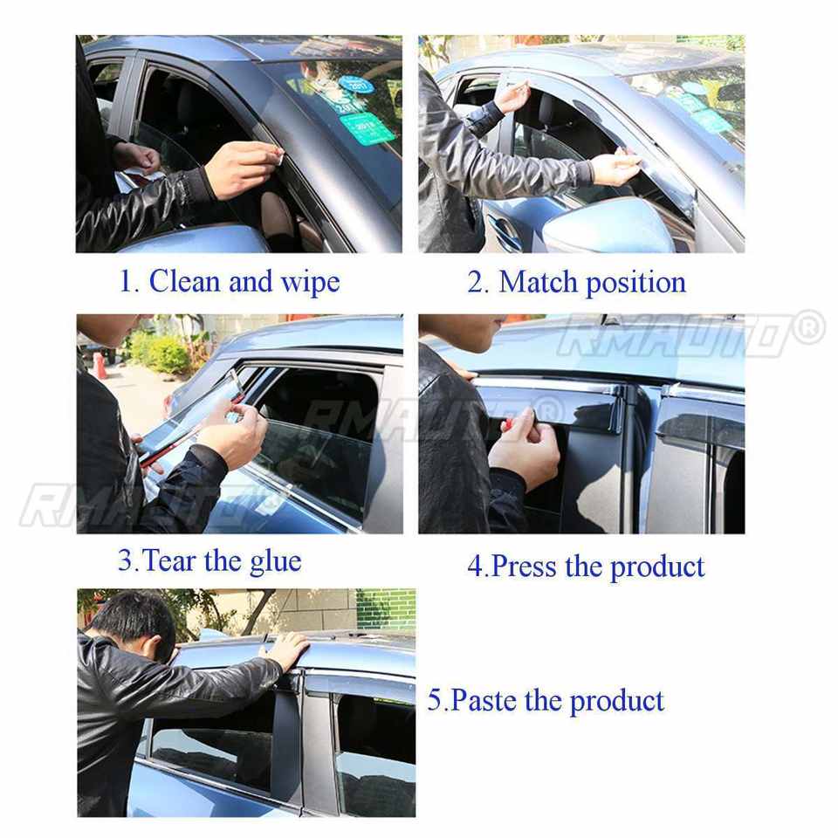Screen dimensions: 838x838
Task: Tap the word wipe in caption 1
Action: pos(310,283)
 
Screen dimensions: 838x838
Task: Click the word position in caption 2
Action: pos(636,283)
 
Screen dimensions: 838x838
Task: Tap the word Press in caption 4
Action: pos(523,567)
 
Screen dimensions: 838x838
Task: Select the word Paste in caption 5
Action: pos(483,701)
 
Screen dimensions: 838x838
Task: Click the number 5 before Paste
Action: pos(435,701)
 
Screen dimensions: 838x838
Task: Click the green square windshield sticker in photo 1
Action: pos(367,129)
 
